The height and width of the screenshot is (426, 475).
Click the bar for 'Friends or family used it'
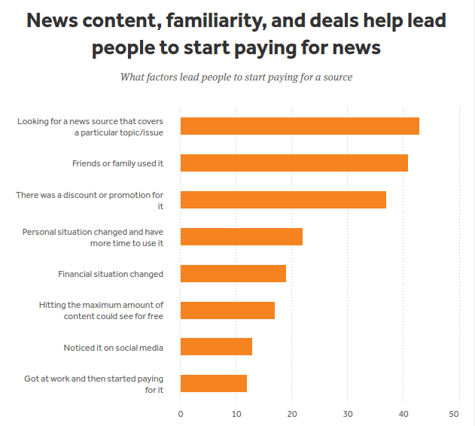[x=294, y=163]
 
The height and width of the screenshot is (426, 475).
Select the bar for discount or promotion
[x=283, y=199]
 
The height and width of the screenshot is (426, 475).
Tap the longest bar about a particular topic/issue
[x=300, y=126]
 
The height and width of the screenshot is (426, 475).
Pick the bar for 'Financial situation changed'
[x=233, y=273]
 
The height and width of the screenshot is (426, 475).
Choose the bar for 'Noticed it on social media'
[x=216, y=346]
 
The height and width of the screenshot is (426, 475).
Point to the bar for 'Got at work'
[x=214, y=383]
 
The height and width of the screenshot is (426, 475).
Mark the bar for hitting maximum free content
[x=227, y=310]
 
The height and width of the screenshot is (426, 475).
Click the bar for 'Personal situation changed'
[x=242, y=236]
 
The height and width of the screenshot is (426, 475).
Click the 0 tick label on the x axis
[x=181, y=413]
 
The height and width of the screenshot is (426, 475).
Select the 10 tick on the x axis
[x=236, y=413]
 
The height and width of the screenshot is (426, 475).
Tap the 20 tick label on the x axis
[x=292, y=413]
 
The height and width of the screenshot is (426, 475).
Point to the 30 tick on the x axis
[x=348, y=413]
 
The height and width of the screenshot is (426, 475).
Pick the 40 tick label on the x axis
[x=403, y=413]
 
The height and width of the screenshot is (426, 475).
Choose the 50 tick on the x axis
[x=454, y=413]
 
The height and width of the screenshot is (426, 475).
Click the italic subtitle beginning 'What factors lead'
[x=236, y=77]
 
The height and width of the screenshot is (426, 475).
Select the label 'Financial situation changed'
[x=111, y=274]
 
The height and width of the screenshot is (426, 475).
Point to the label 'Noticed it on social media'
[x=114, y=347]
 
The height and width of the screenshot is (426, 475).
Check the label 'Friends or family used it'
[x=117, y=163]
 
